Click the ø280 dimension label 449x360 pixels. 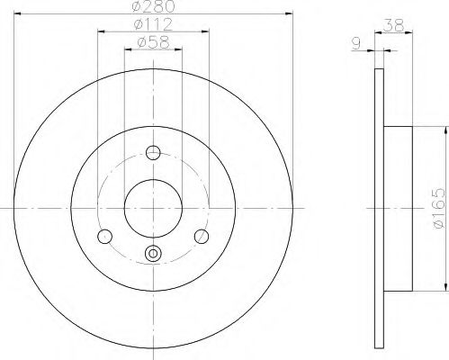pos(153,6)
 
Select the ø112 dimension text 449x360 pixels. pos(153,24)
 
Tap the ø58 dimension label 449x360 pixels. pos(153,42)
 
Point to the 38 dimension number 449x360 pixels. pos(394,25)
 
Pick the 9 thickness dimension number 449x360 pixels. pos(356,44)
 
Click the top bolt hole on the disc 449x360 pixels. pos(153,153)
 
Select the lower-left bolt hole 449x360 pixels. pos(105,237)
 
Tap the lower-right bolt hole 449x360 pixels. pos(202,237)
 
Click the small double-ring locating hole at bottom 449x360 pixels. pos(153,253)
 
